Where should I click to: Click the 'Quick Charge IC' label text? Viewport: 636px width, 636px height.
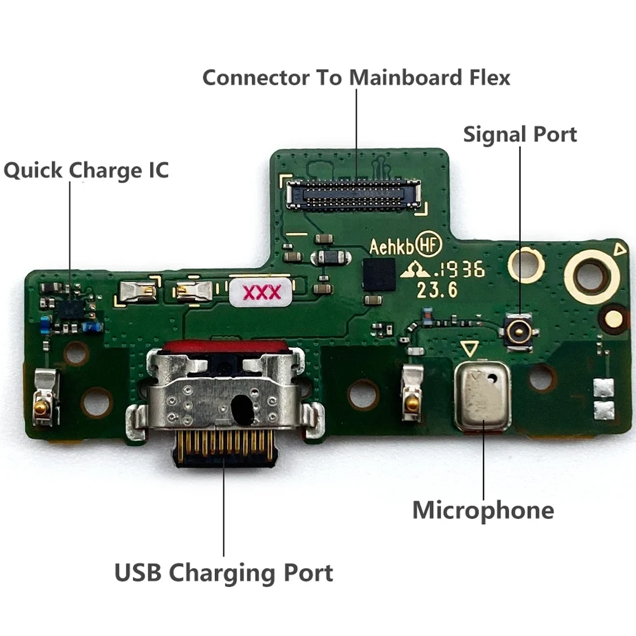(86, 170)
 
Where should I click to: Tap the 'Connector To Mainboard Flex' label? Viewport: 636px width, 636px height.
(356, 78)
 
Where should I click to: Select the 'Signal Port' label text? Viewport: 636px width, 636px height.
(520, 134)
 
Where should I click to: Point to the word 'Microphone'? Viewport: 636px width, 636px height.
(483, 510)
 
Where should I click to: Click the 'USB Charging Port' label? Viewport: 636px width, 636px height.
(224, 572)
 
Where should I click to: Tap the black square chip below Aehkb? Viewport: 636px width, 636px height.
(378, 275)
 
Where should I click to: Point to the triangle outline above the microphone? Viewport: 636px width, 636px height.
(470, 349)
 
